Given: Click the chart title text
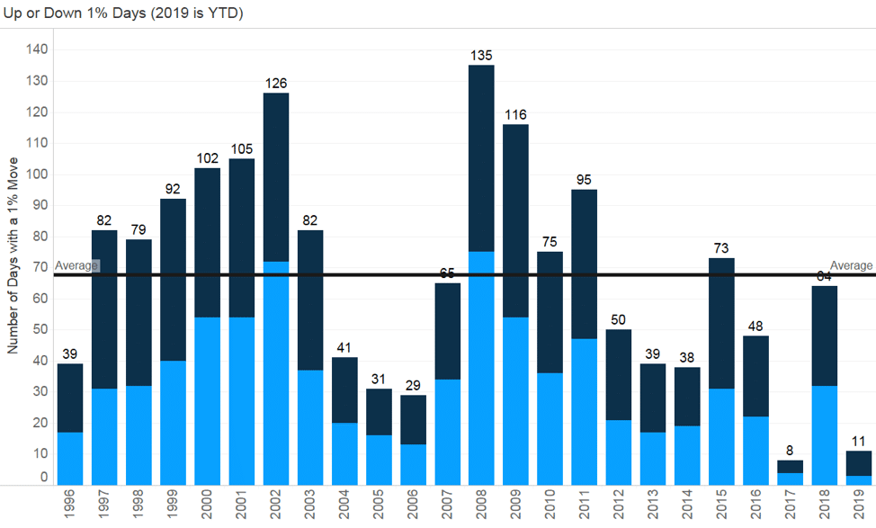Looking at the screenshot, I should [122, 13].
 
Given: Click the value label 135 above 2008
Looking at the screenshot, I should [482, 56].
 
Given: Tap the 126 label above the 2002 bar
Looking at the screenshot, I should [275, 84].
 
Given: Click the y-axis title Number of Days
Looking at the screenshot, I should [13, 264].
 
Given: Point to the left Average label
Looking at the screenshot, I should [76, 265].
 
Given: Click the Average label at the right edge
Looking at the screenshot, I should [851, 265].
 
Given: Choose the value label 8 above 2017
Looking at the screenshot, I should [791, 451].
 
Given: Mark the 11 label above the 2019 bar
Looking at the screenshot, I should [859, 442].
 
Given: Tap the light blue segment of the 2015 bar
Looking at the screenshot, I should [721, 436].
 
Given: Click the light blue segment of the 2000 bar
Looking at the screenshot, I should [207, 401].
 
